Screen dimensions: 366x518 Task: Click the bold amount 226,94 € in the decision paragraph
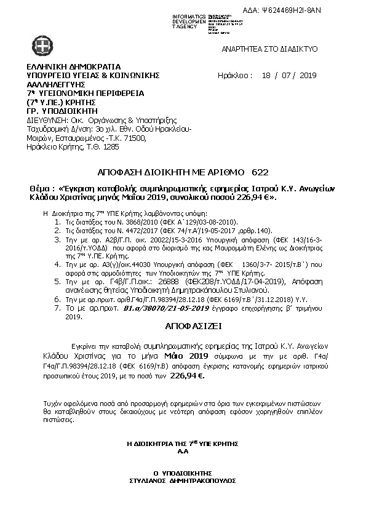187,374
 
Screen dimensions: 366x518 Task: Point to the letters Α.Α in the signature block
182,450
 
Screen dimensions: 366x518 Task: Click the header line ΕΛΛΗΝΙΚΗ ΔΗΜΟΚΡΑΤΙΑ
73,66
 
